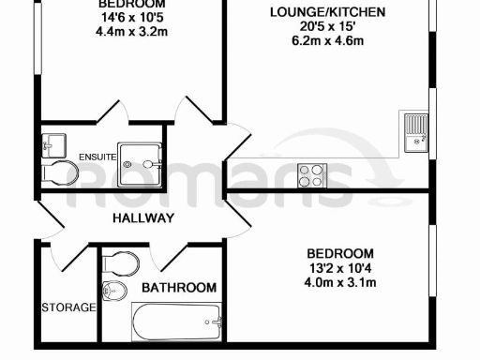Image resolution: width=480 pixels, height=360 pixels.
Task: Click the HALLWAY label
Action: [143, 218]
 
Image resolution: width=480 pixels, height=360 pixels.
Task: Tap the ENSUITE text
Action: [98, 157]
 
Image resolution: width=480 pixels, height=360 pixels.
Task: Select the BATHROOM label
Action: [179, 288]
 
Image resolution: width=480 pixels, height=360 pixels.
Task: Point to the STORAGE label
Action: [68, 307]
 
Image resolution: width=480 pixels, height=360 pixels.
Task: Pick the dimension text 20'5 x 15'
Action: [313, 28]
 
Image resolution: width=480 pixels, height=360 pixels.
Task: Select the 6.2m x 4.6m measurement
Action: [313, 42]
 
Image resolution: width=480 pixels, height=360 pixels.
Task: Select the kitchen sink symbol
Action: [414, 130]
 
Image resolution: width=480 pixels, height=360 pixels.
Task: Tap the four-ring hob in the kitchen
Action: [311, 173]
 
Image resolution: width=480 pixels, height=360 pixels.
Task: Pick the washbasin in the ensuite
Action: [53, 145]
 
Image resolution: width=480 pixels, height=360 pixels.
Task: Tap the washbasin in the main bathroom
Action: [114, 292]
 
